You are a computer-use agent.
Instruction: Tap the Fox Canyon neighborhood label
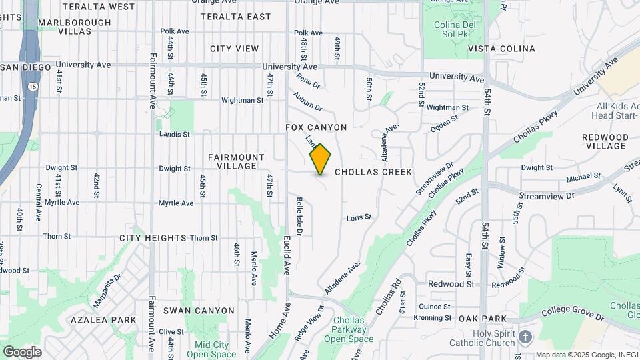(x=316, y=127)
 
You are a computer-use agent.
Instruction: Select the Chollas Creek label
(x=373, y=172)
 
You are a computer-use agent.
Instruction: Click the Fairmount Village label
(x=232, y=161)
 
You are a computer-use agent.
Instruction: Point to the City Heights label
(x=153, y=237)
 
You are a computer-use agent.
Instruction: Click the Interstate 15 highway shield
(x=32, y=86)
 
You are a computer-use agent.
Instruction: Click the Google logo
(x=21, y=351)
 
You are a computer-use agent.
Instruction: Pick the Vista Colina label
(x=501, y=49)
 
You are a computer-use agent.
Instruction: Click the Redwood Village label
(x=605, y=141)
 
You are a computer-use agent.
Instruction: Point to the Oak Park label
(x=483, y=319)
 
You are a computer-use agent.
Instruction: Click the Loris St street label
(x=359, y=217)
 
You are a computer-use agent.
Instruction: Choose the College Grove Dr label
(x=573, y=311)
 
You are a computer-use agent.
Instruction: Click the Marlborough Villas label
(x=75, y=27)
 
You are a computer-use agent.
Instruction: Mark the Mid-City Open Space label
(x=211, y=349)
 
